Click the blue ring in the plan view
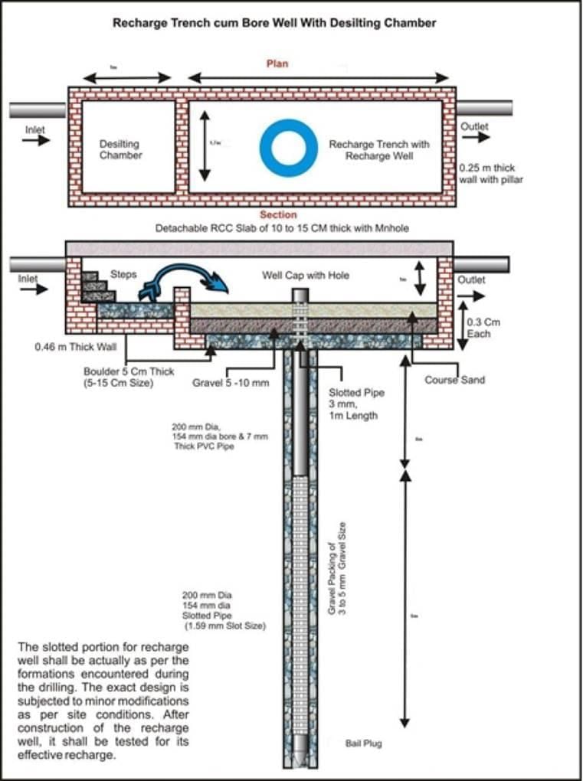coord(288,147)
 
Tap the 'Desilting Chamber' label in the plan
coord(120,149)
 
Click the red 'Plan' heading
coord(277,64)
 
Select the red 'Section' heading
coord(277,215)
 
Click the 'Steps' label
coord(123,273)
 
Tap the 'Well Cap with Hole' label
coord(305,275)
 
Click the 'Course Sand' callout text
coord(455,379)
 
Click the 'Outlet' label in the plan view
coord(474,126)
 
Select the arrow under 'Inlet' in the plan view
coord(35,142)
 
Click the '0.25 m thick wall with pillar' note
coord(490,173)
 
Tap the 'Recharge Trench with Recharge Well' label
coord(379,149)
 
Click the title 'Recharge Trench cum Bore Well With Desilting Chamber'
coord(274,23)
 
